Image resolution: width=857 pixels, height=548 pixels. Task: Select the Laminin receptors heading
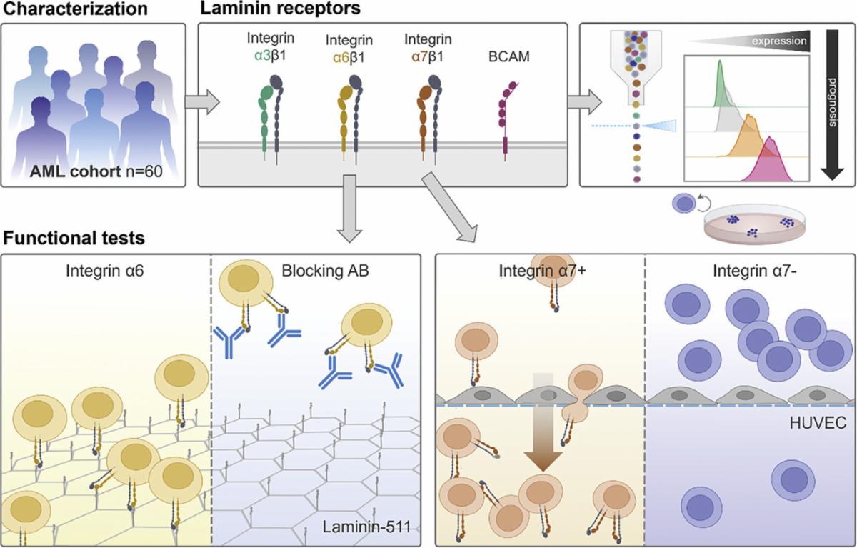[272, 10]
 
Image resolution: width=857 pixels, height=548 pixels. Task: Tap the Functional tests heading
[69, 236]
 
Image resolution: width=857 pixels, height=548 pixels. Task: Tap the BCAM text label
[508, 56]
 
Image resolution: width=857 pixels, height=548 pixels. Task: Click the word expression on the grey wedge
[780, 42]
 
